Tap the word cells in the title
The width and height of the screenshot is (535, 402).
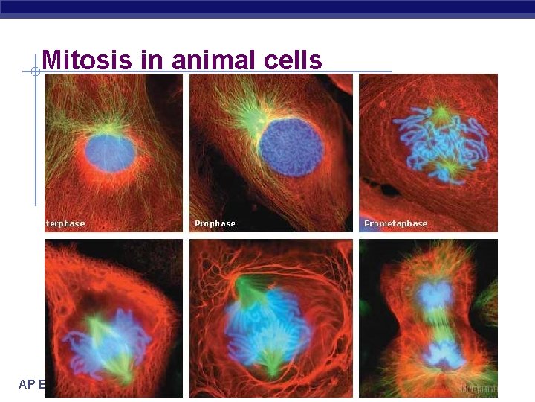(x=292, y=60)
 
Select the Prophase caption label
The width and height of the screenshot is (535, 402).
(x=215, y=223)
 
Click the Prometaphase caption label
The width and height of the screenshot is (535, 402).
(x=395, y=223)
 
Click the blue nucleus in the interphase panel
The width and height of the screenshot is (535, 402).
(x=110, y=152)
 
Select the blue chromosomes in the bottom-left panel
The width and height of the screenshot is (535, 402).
(x=108, y=346)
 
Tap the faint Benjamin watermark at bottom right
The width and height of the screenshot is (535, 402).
(x=476, y=388)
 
